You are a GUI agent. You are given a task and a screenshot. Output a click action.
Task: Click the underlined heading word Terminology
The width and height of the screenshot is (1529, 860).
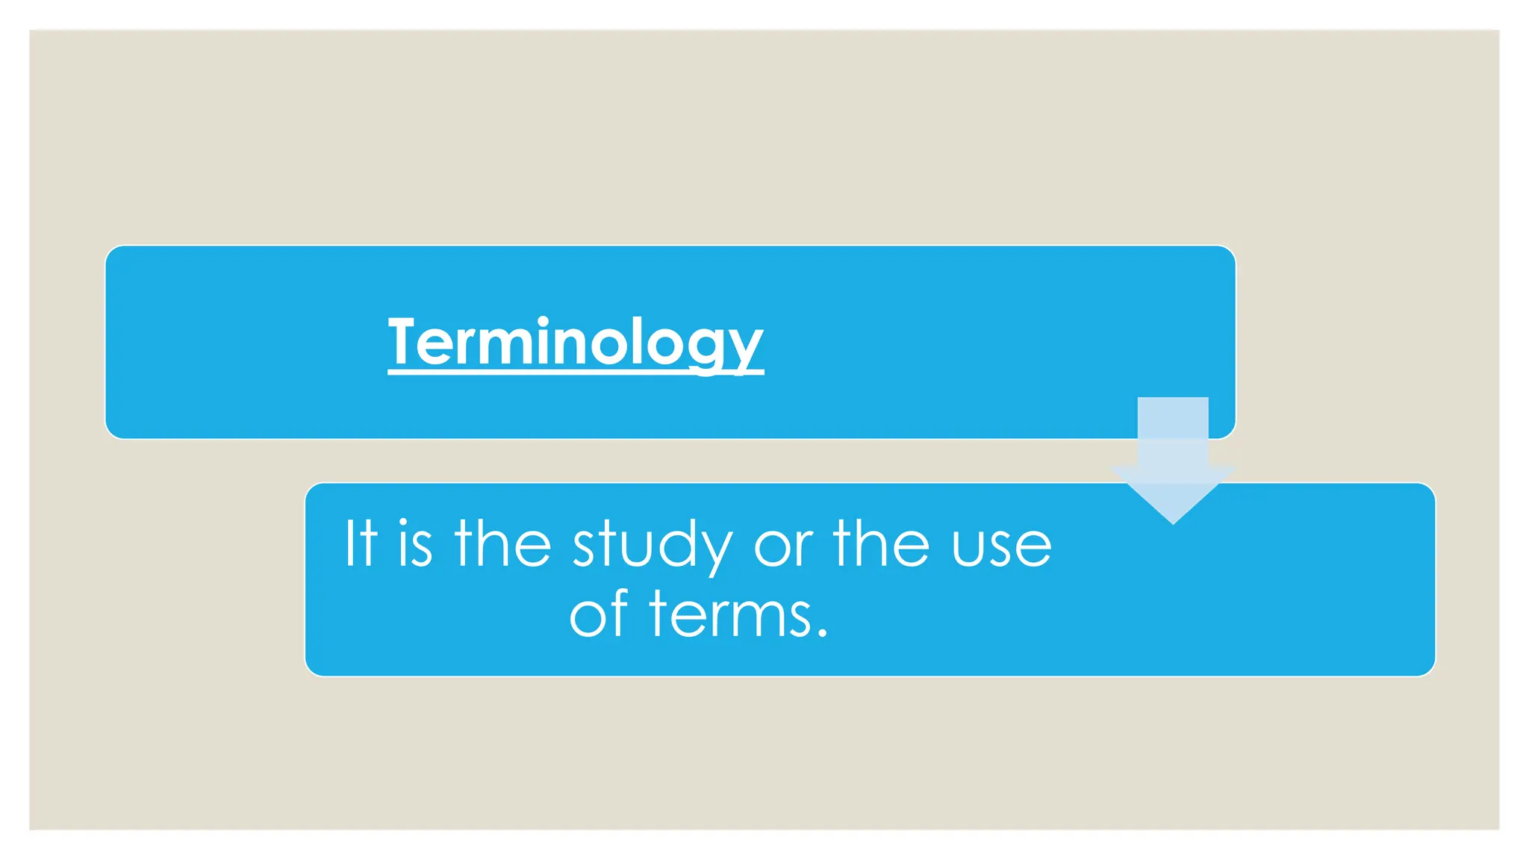point(575,342)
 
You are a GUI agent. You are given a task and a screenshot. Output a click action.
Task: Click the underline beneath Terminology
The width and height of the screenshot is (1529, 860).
point(575,372)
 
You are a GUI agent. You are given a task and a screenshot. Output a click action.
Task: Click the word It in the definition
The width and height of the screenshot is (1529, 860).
point(360,543)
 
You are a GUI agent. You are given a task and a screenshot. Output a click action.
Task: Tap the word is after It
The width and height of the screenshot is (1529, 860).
point(415,543)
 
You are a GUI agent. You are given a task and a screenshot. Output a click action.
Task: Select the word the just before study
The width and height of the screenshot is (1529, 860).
point(502,543)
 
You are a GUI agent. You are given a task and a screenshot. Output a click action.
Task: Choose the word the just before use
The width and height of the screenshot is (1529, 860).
point(881,543)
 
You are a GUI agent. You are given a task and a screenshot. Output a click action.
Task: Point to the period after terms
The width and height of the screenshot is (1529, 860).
point(822,633)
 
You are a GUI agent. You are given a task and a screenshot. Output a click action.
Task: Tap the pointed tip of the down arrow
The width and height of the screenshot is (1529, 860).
point(1173,521)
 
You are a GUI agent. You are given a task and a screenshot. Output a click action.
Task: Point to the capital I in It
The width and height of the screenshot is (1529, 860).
point(349,543)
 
